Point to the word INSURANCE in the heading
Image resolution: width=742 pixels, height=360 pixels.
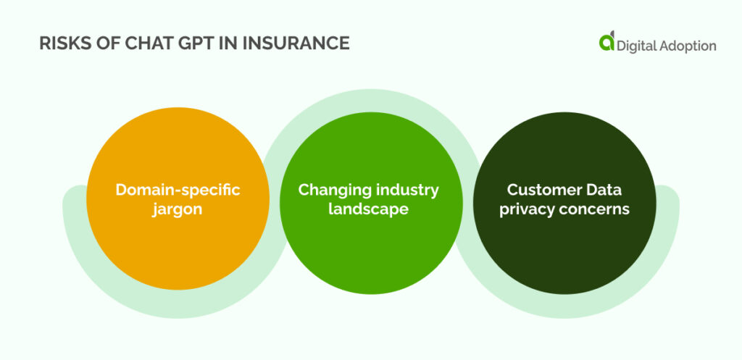301,43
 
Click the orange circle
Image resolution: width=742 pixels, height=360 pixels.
178,198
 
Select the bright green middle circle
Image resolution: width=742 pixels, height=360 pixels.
372,203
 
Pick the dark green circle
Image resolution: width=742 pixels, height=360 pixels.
564,203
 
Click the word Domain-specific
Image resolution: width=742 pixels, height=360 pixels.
178,190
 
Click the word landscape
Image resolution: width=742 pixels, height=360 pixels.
369,209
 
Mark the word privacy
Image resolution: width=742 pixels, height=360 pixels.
528,209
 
